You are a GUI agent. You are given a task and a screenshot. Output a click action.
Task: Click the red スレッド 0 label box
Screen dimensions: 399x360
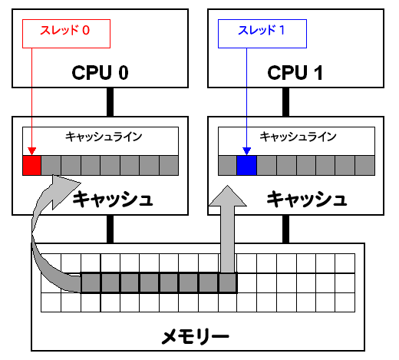tap(66, 34)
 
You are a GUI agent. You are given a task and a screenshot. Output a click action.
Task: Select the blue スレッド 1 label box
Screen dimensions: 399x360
tap(262, 34)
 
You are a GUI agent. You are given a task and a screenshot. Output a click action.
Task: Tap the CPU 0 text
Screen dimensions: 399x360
tap(100, 73)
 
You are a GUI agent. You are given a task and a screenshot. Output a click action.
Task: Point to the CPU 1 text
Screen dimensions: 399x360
tap(295, 73)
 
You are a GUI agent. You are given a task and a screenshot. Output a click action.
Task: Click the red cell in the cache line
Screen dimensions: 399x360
tap(31, 165)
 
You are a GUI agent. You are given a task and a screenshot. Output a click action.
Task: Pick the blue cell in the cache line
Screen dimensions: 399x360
tap(246, 165)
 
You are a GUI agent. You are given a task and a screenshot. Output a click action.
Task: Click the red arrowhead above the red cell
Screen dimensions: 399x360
tap(31, 151)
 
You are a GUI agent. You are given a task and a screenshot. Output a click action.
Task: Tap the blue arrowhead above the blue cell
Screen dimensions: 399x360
tap(246, 151)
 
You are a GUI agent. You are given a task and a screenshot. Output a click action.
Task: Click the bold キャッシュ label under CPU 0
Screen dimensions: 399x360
tap(113, 199)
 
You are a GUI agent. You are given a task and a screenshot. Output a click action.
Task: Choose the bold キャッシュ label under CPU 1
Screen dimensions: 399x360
tap(307, 199)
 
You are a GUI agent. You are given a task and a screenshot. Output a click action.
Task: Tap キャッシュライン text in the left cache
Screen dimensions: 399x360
tap(104, 137)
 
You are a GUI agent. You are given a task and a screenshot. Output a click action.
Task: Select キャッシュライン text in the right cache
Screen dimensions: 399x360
tap(298, 137)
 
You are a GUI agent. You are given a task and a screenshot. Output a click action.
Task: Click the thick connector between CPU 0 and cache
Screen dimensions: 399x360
tap(110, 102)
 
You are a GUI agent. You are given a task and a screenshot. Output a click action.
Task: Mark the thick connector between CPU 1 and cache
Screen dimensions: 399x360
tap(285, 102)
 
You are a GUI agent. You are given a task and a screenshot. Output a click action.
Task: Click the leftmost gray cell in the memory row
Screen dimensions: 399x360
tap(91, 283)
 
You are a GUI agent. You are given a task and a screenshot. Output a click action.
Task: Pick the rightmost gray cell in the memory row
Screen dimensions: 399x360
tap(228, 283)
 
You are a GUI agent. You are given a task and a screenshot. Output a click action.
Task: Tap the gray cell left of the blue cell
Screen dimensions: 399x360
tap(227, 165)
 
